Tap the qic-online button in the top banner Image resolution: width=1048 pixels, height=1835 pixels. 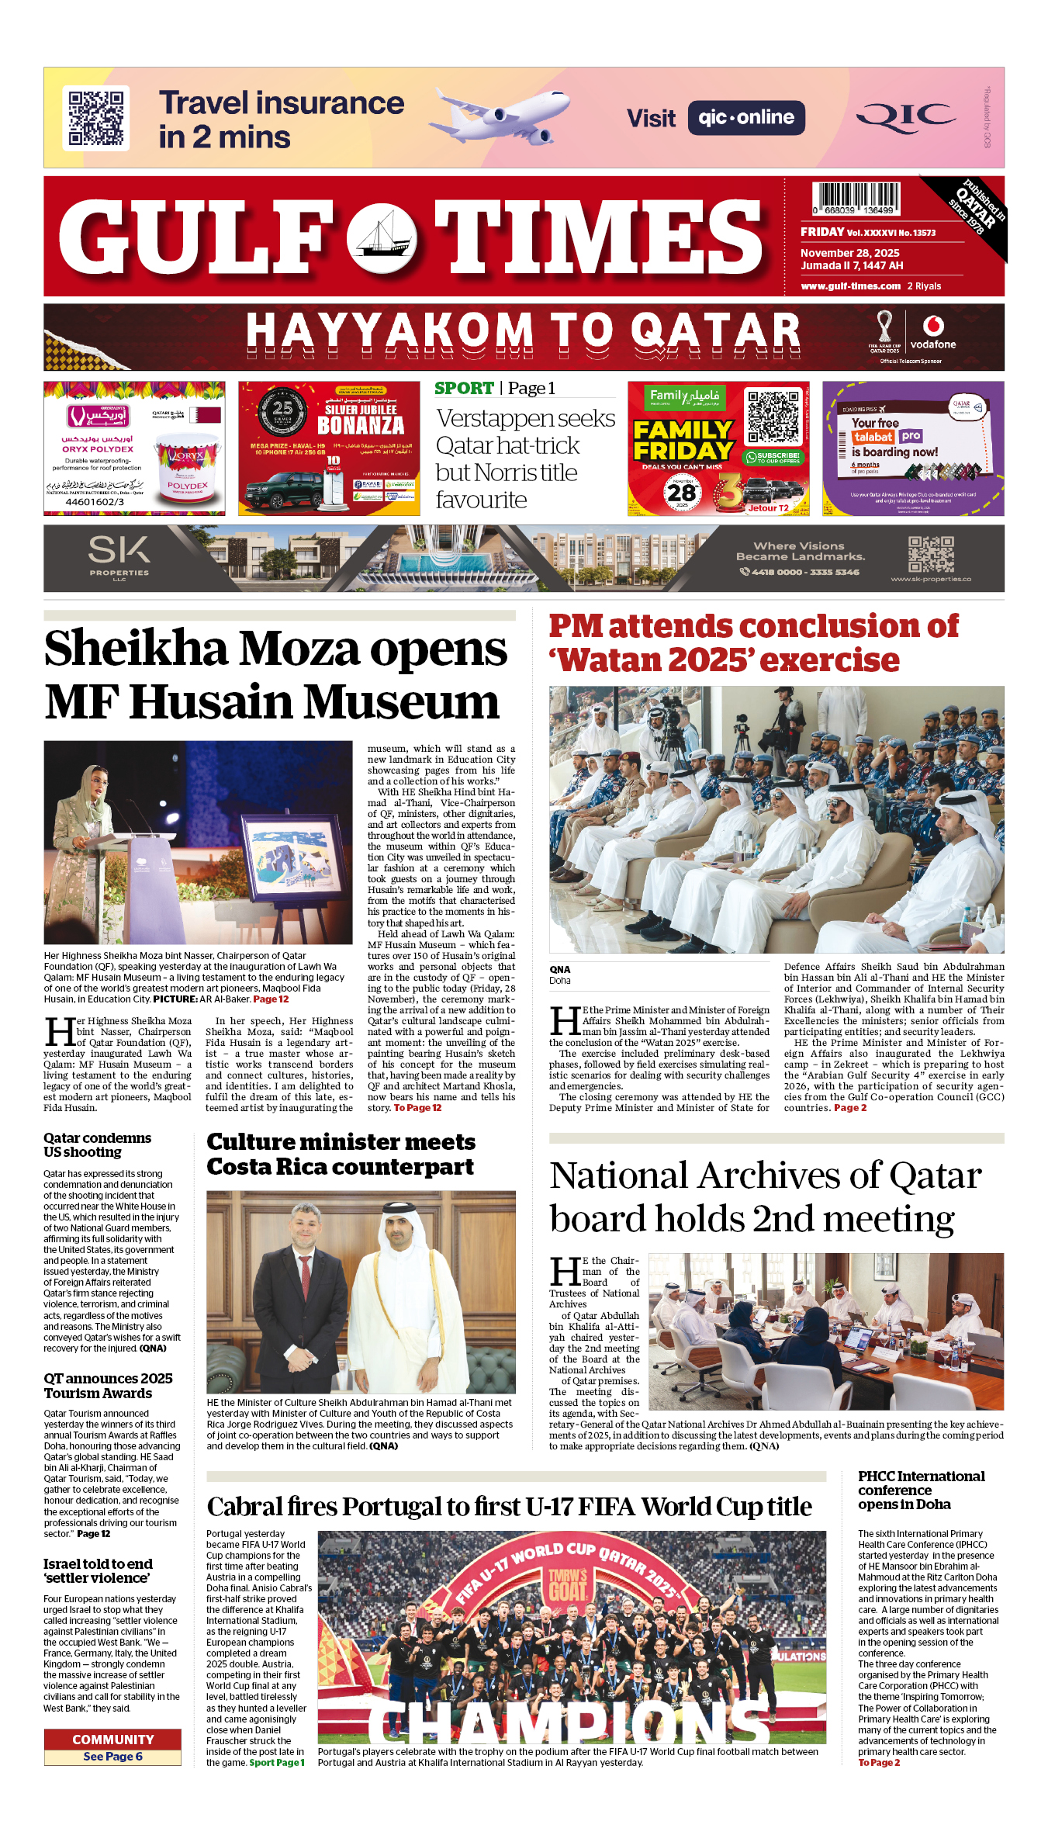745,118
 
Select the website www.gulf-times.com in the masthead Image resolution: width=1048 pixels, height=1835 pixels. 850,286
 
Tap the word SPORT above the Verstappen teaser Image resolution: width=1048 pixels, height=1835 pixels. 464,388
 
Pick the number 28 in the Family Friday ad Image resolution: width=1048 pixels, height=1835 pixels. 682,492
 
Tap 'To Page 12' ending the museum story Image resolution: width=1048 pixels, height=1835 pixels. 417,1108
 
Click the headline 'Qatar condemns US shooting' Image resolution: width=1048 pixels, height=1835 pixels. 98,1144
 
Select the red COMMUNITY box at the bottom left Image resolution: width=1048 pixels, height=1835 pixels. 112,1740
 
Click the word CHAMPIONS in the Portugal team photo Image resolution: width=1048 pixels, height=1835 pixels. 570,1723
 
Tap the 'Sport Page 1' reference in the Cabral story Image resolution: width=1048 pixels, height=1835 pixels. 277,1763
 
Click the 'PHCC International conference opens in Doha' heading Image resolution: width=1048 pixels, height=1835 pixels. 921,1490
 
